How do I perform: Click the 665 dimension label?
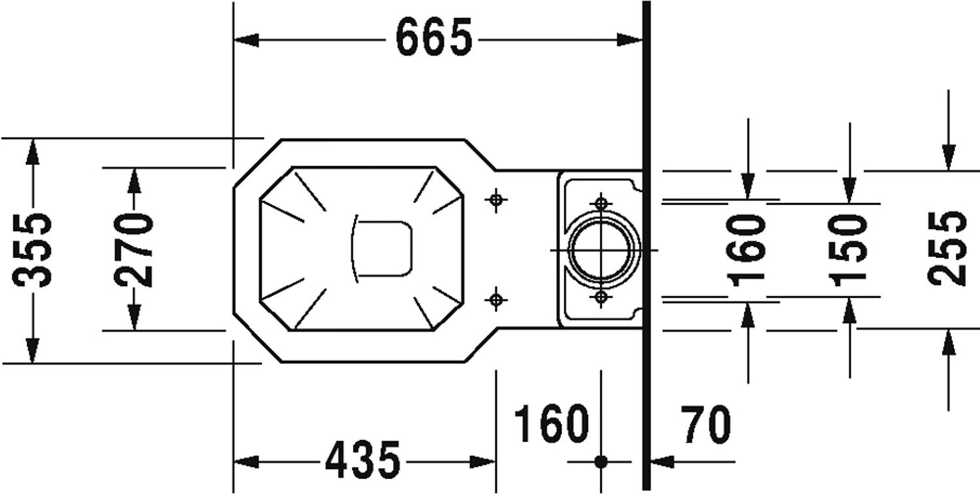tap(434, 39)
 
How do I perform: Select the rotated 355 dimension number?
tap(33, 250)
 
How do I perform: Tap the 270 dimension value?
tap(134, 249)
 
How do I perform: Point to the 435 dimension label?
tap(363, 460)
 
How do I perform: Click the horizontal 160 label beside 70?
tap(551, 424)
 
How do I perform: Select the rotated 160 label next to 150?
tap(748, 250)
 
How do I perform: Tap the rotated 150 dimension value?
tap(849, 250)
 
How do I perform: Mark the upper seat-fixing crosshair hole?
tap(497, 199)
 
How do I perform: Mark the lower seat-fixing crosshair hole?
tap(497, 300)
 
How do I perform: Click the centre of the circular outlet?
tap(601, 250)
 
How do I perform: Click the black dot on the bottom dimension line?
tap(601, 461)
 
